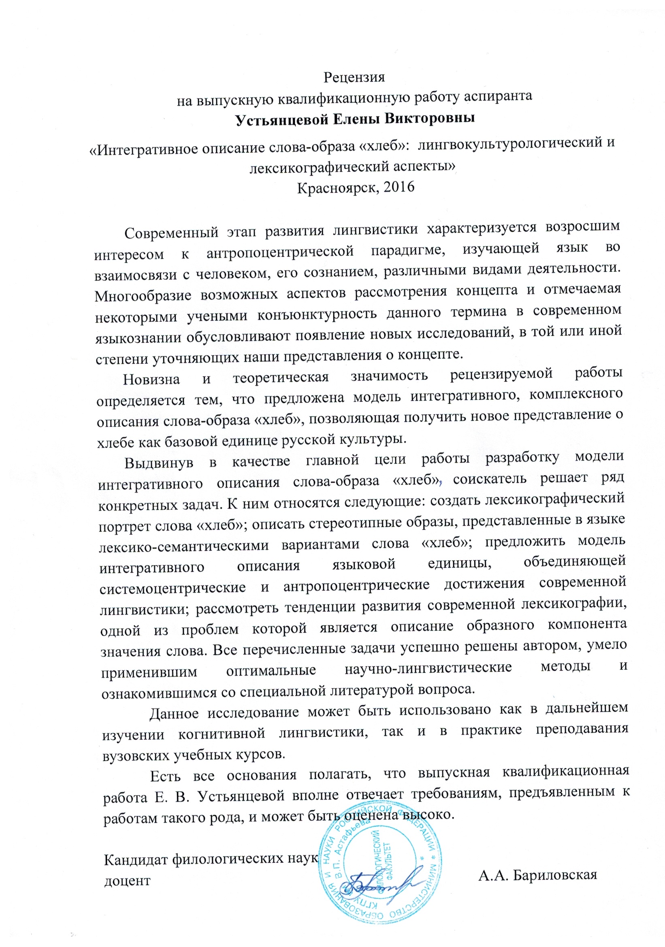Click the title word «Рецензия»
click(354, 77)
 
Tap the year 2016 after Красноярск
click(398, 188)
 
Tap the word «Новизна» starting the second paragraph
click(151, 379)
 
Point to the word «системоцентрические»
click(173, 588)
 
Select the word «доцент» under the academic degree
click(127, 881)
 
